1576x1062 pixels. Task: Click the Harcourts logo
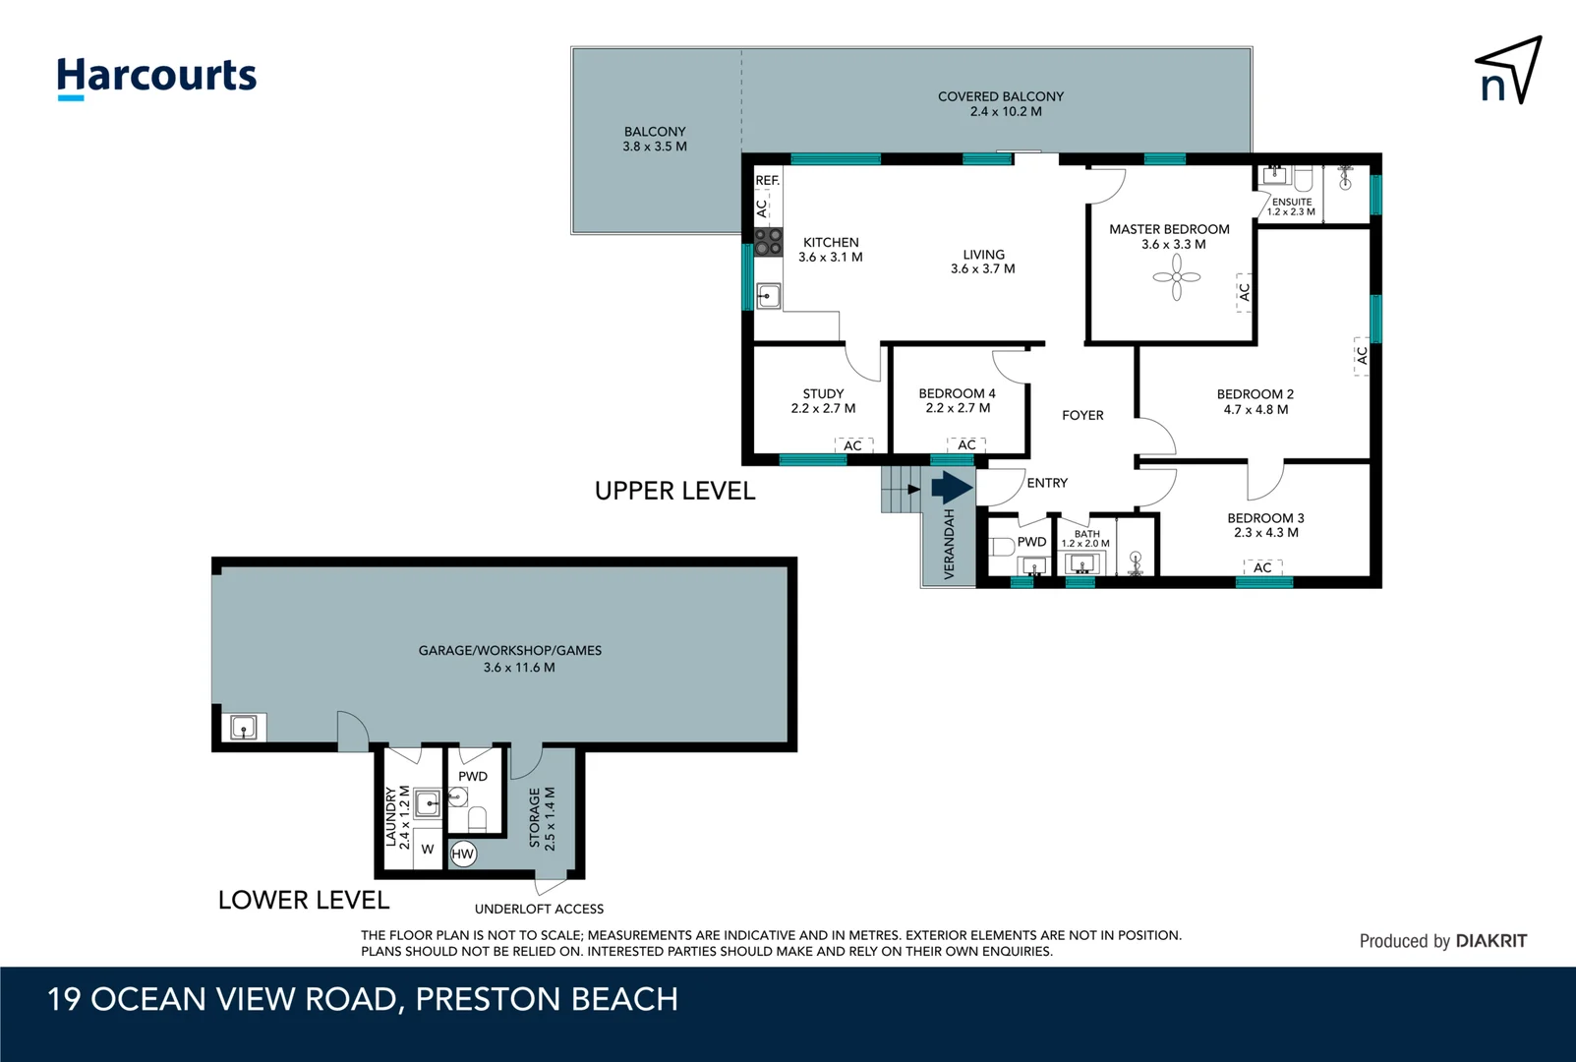point(156,78)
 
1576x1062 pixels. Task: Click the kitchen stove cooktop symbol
point(768,241)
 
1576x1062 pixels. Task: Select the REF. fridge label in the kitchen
point(767,180)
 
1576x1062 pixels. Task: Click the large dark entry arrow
point(952,487)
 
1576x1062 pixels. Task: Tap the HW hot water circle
point(462,854)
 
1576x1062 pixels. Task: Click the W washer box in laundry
point(427,850)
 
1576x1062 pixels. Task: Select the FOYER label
point(1082,415)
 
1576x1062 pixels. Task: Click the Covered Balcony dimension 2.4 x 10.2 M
point(1006,111)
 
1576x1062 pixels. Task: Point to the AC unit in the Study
point(852,445)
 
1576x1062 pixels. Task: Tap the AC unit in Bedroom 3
point(1262,567)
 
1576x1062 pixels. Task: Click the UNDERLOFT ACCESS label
point(539,909)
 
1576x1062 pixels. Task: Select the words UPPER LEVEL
point(674,491)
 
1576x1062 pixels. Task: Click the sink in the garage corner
point(244,727)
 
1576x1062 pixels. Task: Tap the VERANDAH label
point(949,544)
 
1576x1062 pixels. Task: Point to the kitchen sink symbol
point(768,296)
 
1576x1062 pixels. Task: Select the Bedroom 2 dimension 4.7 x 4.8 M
point(1255,410)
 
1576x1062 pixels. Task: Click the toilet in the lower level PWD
point(477,818)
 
